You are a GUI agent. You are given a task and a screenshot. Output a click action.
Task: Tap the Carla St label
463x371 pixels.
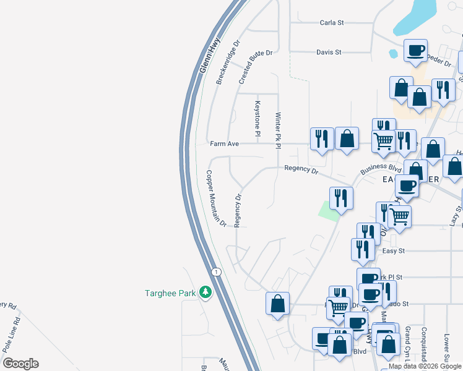331,23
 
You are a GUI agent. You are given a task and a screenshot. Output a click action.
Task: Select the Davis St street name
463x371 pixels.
329,53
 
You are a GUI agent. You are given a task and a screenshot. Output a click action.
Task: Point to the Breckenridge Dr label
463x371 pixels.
227,64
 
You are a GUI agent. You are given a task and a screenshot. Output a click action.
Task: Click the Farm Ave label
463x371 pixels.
224,144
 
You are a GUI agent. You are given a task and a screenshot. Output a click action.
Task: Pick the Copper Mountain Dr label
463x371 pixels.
216,198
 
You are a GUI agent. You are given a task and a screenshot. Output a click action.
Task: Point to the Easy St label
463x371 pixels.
393,250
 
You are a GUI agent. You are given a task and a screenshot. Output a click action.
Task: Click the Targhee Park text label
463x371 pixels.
170,293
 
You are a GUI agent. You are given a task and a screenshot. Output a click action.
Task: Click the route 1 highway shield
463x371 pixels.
215,272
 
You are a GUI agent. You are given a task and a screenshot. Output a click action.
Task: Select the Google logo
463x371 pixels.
20,364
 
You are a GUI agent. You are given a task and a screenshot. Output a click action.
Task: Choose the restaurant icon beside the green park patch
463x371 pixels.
340,198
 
